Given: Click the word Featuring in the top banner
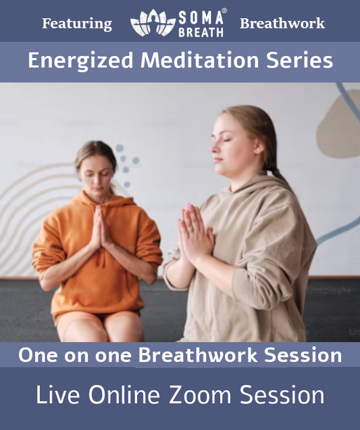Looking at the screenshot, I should point(77,24).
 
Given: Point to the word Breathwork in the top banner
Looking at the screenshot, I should point(282,24).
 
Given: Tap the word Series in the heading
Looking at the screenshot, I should point(302,61).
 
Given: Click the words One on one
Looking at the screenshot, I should point(76,355).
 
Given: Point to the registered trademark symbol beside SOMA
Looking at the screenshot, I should point(225,10).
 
